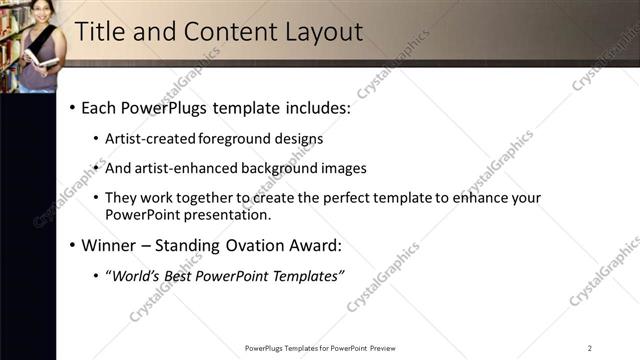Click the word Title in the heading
[x=99, y=32]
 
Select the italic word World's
[x=135, y=275]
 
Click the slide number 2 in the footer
[x=590, y=348]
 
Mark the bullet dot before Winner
[x=72, y=245]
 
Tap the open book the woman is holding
[x=40, y=59]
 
